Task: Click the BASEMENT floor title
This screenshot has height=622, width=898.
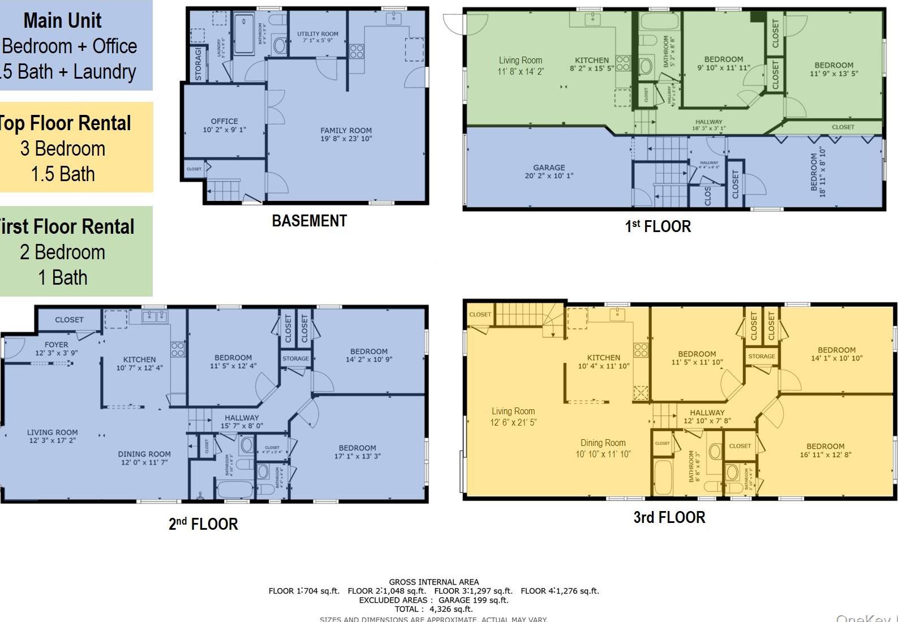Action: pyautogui.click(x=309, y=221)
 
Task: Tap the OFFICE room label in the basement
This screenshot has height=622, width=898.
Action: pyautogui.click(x=224, y=125)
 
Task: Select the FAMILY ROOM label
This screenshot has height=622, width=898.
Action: pyautogui.click(x=346, y=134)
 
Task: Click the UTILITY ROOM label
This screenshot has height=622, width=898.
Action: pyautogui.click(x=317, y=37)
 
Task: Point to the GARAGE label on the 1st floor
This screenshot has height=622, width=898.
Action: pyautogui.click(x=549, y=171)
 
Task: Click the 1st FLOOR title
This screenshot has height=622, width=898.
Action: pyautogui.click(x=658, y=226)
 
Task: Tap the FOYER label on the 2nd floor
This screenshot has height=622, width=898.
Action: pyautogui.click(x=56, y=348)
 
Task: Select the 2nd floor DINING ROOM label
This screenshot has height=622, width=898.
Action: pyautogui.click(x=144, y=458)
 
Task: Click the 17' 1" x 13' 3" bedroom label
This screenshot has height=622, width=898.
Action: pyautogui.click(x=357, y=452)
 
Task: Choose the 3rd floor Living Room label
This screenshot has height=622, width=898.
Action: pyautogui.click(x=513, y=416)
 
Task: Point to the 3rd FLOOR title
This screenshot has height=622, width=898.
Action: pyautogui.click(x=669, y=517)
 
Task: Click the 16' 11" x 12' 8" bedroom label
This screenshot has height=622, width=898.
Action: pyautogui.click(x=825, y=450)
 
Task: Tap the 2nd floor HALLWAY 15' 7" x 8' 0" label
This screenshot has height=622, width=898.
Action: pyautogui.click(x=242, y=422)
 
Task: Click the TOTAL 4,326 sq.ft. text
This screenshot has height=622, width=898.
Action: pyautogui.click(x=433, y=609)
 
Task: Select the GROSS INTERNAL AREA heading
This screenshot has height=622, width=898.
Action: pyautogui.click(x=433, y=582)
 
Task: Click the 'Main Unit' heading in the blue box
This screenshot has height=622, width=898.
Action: pyautogui.click(x=62, y=21)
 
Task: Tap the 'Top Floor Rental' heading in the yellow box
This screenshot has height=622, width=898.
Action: pyautogui.click(x=65, y=123)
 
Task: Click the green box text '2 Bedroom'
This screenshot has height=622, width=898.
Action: pyautogui.click(x=62, y=252)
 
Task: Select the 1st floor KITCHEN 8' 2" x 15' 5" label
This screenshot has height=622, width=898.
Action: pyautogui.click(x=591, y=64)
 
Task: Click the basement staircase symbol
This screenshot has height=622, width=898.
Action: pyautogui.click(x=225, y=190)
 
